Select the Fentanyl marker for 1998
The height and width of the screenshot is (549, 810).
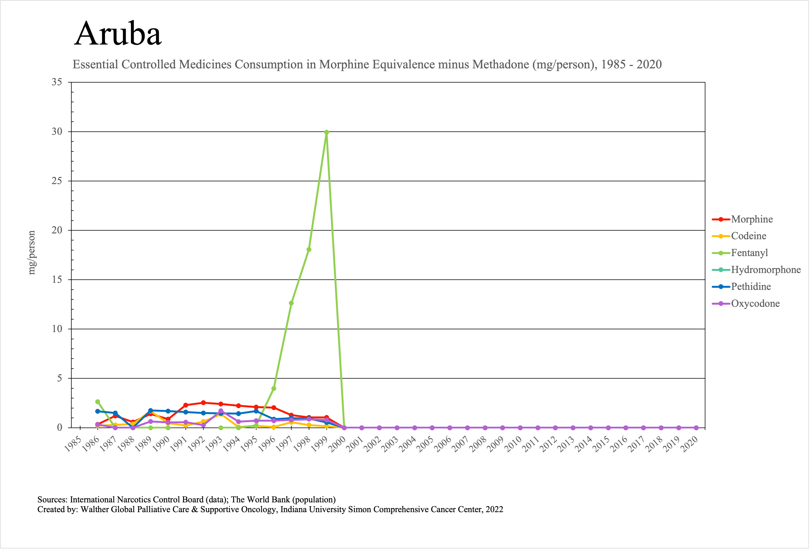coord(309,250)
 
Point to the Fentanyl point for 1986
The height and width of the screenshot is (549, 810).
coord(98,402)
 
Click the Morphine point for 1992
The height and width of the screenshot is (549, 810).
coord(203,403)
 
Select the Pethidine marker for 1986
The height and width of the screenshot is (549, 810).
coord(98,411)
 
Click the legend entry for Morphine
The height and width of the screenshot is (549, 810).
coord(752,219)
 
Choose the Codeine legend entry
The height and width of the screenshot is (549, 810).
coord(748,236)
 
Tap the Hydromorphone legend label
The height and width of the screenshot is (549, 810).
coord(765,270)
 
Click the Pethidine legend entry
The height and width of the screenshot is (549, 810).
coord(751,287)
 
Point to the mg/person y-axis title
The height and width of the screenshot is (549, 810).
coord(32,253)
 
